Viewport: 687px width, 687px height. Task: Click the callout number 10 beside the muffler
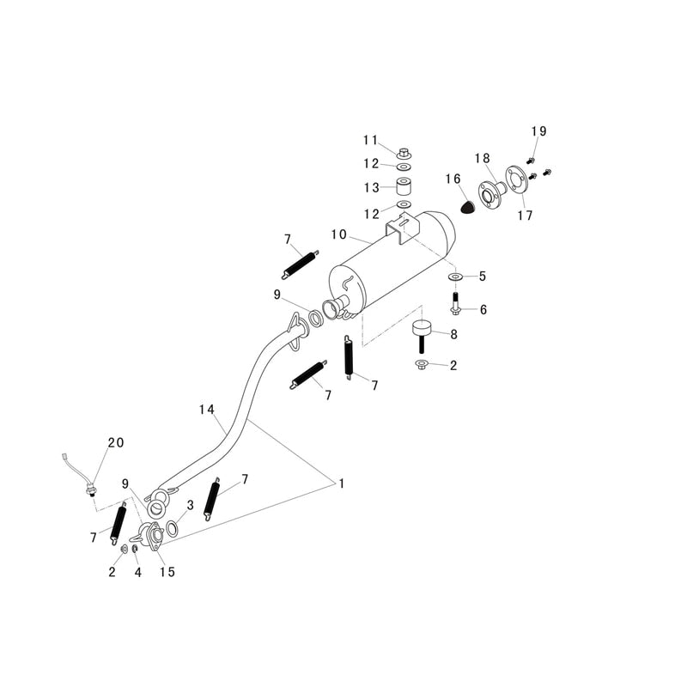pos(338,234)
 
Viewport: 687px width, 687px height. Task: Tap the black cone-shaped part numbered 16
pos(468,206)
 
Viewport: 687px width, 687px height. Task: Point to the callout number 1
pos(341,484)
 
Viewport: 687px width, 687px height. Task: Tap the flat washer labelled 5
pos(455,277)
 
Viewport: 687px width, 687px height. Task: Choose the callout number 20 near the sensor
pos(115,443)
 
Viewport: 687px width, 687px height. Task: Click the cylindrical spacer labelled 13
pos(403,186)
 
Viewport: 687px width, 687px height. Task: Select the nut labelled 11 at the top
pos(403,154)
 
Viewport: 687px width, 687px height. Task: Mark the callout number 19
pos(538,131)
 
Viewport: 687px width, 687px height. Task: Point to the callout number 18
pos(483,158)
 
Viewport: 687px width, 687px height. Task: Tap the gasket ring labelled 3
pos(172,528)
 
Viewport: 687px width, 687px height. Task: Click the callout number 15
pos(167,572)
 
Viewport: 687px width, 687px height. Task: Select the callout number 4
pos(138,572)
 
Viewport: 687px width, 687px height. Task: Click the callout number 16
pos(453,179)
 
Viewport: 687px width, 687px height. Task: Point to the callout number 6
pos(483,310)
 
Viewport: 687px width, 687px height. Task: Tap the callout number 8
pos(453,334)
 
